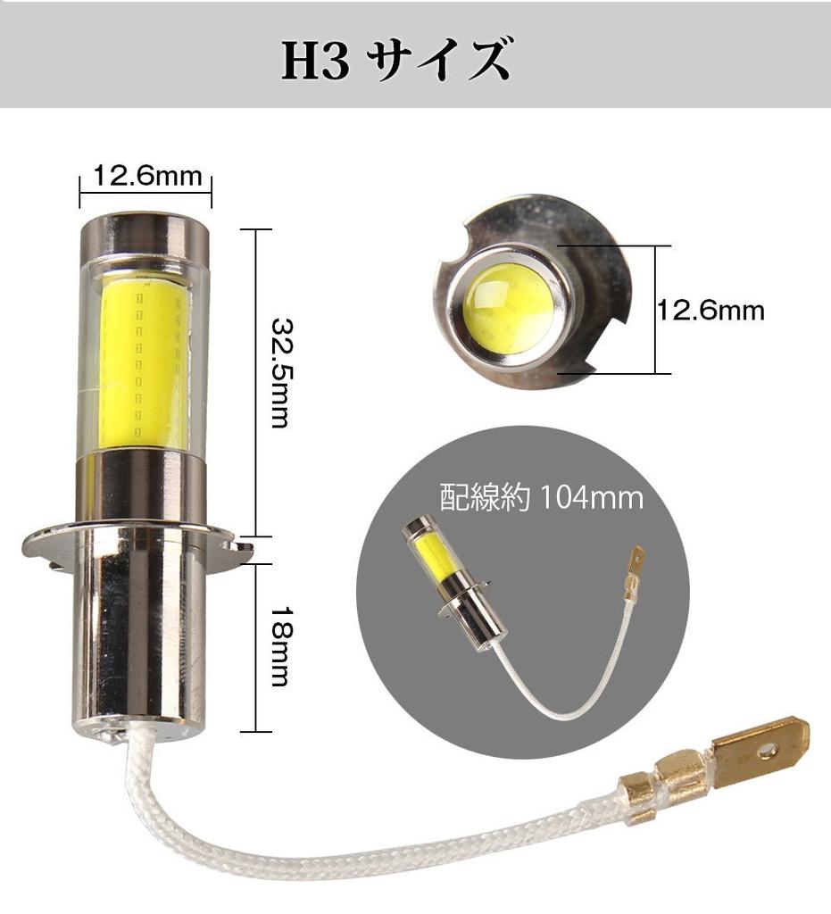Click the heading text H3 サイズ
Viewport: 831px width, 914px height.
pos(396,60)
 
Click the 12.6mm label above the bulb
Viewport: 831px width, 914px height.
pos(147,175)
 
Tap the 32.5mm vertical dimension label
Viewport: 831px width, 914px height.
pos(280,374)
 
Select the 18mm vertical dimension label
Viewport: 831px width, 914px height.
pos(280,647)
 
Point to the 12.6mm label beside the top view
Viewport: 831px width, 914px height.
pos(711,310)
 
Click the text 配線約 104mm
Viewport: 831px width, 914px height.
pos(542,498)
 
